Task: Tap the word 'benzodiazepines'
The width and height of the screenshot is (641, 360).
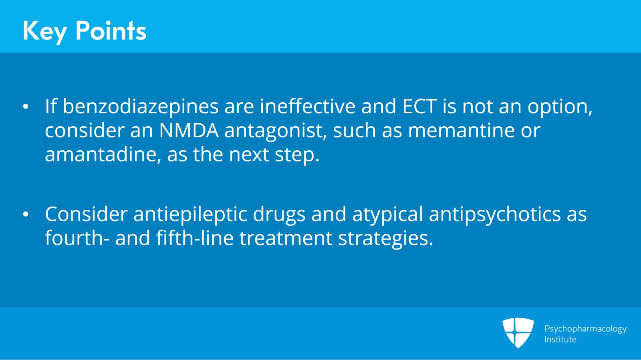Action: (x=141, y=107)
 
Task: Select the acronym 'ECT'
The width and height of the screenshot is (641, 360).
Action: (x=419, y=107)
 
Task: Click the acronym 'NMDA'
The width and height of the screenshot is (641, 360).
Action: (x=189, y=131)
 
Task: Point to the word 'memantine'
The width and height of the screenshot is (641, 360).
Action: (x=461, y=131)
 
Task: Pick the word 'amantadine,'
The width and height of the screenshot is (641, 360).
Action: (x=103, y=155)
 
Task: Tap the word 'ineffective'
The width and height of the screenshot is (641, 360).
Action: (x=308, y=106)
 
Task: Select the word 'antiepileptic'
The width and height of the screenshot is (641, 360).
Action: (x=190, y=215)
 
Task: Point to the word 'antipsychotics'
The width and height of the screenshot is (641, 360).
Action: (x=495, y=215)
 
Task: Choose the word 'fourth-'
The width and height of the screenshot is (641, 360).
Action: (x=77, y=238)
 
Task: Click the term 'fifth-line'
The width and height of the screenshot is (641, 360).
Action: (x=195, y=237)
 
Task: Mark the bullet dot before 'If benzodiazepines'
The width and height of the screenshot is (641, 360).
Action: (x=26, y=107)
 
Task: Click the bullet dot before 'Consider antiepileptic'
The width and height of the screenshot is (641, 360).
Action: (x=26, y=214)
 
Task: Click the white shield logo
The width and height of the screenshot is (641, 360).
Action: (x=518, y=332)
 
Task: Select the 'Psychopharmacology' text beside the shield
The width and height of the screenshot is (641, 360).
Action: (x=585, y=329)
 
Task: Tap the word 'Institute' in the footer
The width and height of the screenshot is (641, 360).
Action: (x=560, y=340)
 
